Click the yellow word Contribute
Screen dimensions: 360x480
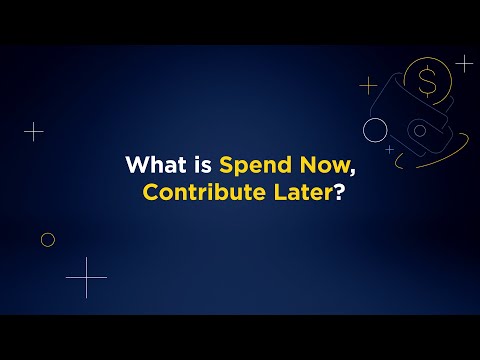point(196,192)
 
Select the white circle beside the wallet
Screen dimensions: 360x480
point(375,128)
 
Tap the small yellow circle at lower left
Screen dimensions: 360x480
point(47,239)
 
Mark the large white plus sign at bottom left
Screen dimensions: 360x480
point(86,277)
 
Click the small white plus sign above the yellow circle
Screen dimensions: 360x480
point(34,131)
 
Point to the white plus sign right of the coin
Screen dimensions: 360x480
point(464,62)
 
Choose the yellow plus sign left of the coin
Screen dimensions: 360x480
point(369,85)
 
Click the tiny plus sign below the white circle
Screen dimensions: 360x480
point(389,149)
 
